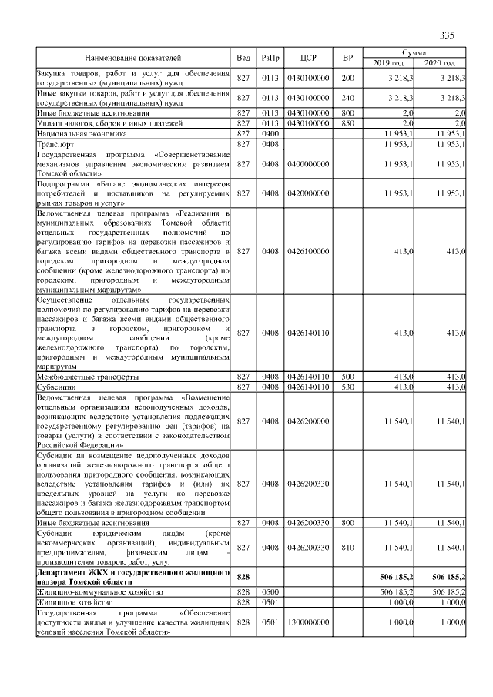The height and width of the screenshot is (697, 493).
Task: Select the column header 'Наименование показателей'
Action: click(133, 58)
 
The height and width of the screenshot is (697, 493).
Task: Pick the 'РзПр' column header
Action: click(270, 58)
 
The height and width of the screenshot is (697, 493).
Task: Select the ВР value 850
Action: click(347, 123)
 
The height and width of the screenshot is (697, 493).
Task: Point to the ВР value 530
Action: click(347, 387)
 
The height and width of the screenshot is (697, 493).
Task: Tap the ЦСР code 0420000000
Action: click(308, 193)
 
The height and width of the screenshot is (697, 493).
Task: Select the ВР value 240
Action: click(347, 98)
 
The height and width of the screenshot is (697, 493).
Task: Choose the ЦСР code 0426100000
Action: click(308, 251)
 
